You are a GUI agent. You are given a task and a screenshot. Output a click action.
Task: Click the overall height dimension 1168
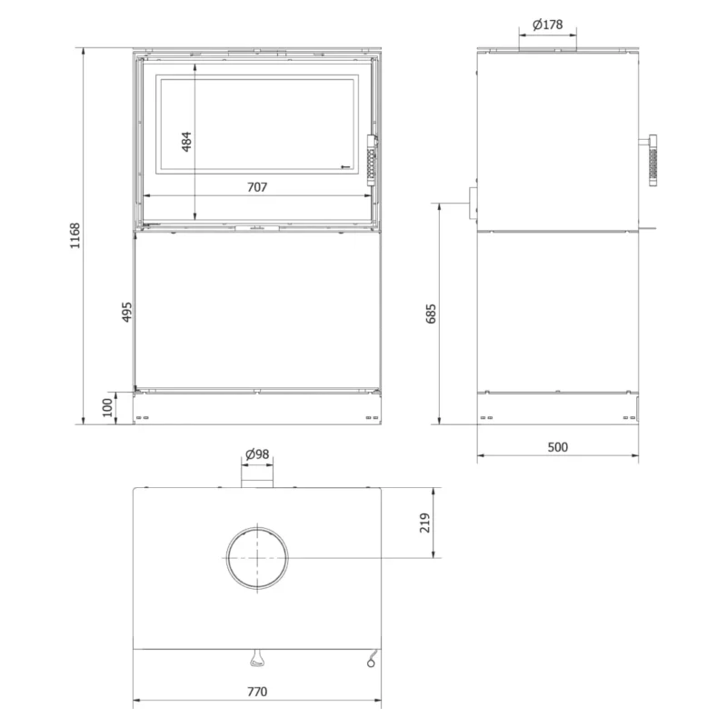[x=75, y=235]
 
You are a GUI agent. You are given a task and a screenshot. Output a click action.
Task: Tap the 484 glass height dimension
[x=186, y=142]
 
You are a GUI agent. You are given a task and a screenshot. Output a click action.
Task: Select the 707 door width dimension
[x=257, y=187]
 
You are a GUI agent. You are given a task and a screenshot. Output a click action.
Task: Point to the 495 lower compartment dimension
[x=126, y=312]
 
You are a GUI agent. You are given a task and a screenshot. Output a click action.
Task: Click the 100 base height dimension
[x=107, y=407]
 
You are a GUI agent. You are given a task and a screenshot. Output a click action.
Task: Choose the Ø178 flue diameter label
[x=548, y=25]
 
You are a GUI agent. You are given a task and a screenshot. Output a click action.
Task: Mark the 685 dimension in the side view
[x=431, y=314]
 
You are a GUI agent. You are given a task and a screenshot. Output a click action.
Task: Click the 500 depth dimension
[x=557, y=447]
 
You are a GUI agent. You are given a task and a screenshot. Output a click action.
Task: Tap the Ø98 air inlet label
[x=257, y=453]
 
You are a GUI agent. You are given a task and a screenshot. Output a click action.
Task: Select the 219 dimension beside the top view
[x=424, y=523]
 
